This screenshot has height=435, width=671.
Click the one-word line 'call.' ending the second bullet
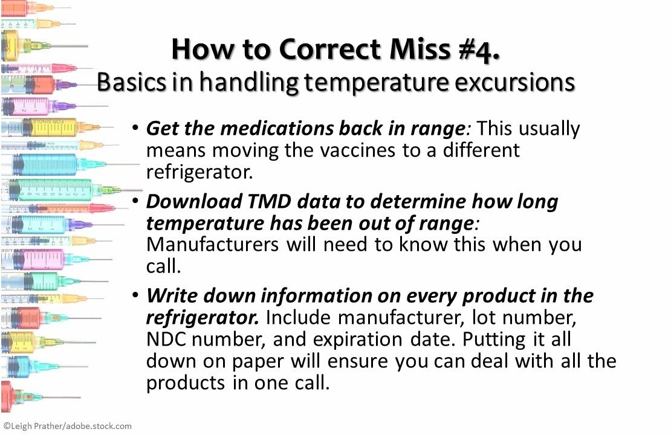(164, 266)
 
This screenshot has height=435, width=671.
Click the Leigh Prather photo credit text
(67, 426)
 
